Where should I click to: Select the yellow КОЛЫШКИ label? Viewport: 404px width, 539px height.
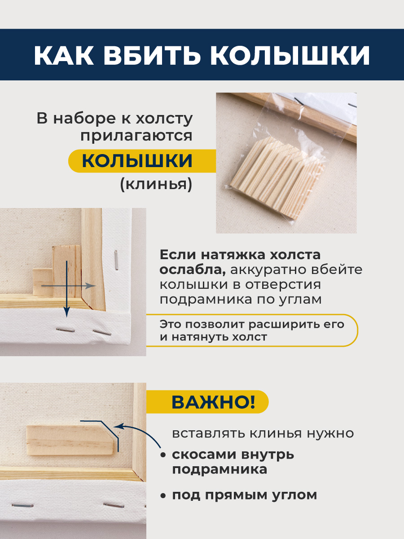(137, 161)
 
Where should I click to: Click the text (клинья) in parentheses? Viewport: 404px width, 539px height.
(156, 184)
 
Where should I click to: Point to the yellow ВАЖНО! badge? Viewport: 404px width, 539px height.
(213, 402)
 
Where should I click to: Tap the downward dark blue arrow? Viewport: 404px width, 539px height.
(67, 287)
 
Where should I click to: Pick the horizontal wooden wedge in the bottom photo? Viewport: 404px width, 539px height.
(70, 440)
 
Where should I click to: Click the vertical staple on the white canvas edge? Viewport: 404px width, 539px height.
(116, 260)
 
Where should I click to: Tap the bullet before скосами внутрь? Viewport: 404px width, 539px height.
(163, 455)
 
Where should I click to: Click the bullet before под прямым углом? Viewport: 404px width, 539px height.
(163, 496)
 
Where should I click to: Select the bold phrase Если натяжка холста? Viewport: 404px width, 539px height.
(240, 255)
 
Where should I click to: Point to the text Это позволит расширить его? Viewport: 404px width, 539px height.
(252, 324)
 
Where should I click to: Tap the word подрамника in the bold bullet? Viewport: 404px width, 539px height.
(220, 470)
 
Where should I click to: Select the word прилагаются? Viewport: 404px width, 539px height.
(136, 136)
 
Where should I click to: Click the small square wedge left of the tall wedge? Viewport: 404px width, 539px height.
(43, 282)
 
